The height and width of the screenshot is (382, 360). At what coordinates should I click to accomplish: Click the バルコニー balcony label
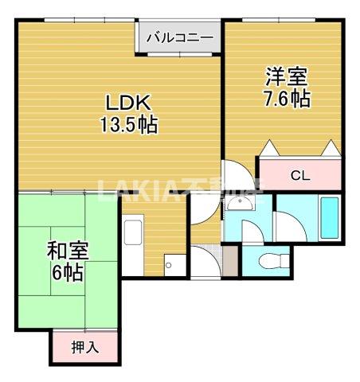pyautogui.click(x=179, y=37)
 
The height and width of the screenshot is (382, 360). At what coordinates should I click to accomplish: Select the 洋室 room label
pyautogui.click(x=287, y=78)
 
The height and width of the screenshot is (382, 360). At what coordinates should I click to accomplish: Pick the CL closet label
pyautogui.click(x=299, y=175)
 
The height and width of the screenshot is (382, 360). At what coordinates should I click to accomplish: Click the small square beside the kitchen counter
pyautogui.click(x=168, y=266)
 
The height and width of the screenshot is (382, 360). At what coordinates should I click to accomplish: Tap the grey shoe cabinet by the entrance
pyautogui.click(x=229, y=260)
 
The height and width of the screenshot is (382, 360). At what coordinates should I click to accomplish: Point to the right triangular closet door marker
pyautogui.click(x=330, y=148)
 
